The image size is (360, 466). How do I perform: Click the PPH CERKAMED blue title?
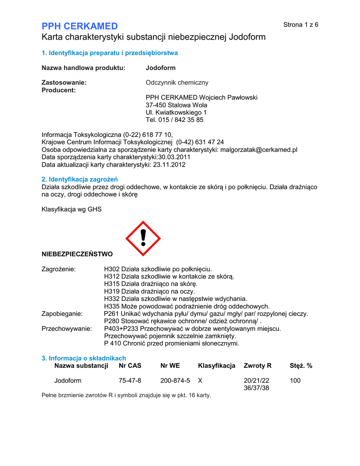click(80, 26)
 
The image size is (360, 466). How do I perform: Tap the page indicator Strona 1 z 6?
click(301, 25)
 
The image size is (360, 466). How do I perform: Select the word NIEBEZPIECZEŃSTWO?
click(77, 253)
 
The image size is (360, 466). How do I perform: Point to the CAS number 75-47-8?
click(130, 380)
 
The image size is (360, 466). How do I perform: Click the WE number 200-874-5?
click(175, 380)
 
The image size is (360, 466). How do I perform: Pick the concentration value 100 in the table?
click(295, 380)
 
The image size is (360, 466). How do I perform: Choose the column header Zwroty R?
click(258, 365)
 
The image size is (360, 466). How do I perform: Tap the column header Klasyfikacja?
click(217, 365)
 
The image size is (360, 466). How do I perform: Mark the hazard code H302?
click(112, 269)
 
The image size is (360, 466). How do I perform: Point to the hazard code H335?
click(112, 306)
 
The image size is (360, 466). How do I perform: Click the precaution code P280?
click(112, 321)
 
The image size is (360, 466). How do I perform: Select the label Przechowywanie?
click(66, 329)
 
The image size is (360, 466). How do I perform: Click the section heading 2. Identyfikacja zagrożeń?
click(80, 179)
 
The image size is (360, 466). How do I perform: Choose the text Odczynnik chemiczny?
click(177, 82)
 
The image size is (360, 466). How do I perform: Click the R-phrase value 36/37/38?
click(257, 388)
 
